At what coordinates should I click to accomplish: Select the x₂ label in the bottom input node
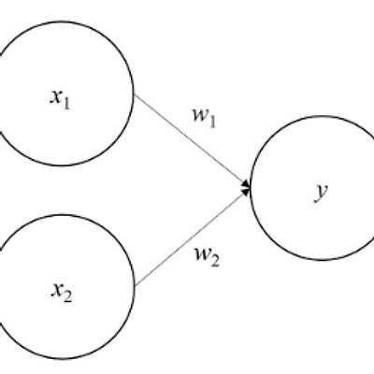point(62,293)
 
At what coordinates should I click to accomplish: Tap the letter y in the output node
point(321,193)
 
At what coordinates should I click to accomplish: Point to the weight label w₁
point(204,119)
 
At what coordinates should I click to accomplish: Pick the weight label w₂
point(208,257)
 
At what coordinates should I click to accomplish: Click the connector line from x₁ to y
point(193,140)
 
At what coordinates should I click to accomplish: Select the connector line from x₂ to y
point(193,237)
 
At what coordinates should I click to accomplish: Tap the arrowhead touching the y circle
point(246,188)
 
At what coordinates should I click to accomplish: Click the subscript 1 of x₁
point(66,104)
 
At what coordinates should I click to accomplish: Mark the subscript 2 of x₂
point(67,296)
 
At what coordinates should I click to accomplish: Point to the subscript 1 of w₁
point(211,122)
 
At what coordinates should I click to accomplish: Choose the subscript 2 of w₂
point(215,261)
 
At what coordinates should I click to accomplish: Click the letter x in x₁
point(56,97)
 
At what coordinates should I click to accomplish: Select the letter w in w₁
point(199,116)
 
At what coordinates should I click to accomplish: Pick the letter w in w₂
point(202,254)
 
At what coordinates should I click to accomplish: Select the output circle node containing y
point(251,188)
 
